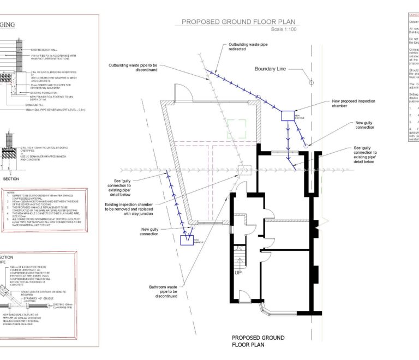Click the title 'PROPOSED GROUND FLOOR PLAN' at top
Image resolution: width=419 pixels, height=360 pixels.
pyautogui.click(x=239, y=22)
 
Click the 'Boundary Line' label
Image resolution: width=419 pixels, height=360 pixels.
pyautogui.click(x=271, y=69)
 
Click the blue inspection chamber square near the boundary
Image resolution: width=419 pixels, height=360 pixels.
pyautogui.click(x=288, y=115)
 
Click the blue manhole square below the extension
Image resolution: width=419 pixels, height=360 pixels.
pyautogui.click(x=188, y=240)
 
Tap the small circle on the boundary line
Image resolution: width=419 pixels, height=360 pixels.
pyautogui.click(x=312, y=83)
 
